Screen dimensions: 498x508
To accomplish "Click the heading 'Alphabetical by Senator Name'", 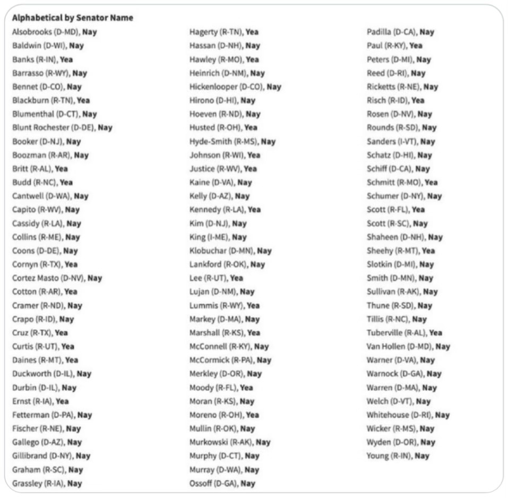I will pos(72,18).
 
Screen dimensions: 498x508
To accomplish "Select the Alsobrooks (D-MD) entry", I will pos(54,32).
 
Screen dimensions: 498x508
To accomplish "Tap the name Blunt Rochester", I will pos(41,127).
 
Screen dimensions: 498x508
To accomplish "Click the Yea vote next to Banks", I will pos(66,59).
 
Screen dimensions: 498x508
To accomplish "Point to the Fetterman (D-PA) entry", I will pos(52,415).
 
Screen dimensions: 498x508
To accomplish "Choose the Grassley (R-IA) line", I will pos(47,483).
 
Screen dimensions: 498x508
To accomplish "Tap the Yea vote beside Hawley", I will pos(252,59).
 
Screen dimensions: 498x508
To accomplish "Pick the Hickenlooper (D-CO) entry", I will pos(235,87).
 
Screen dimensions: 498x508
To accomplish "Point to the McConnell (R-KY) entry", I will pos(229,347).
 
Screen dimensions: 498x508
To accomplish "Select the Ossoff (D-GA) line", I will pos(222,483).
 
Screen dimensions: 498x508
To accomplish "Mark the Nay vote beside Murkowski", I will pos(263,442).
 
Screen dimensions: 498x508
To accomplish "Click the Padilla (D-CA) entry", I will pos(400,32).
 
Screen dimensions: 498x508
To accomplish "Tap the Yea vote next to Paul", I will pos(416,46).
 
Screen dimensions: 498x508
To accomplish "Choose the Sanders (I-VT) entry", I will pos(401,141).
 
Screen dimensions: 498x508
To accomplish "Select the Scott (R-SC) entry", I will pos(397,224).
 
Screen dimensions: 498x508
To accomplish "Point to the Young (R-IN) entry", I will pos(398,456).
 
